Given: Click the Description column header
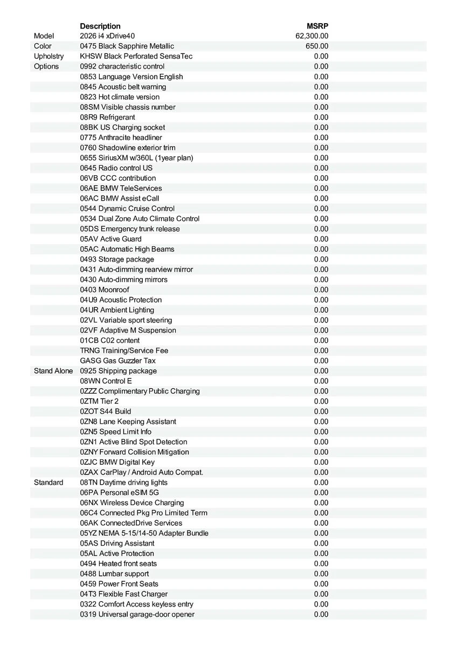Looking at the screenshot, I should (100, 26).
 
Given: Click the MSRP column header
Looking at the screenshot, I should (317, 26).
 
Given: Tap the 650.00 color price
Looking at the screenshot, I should (317, 46).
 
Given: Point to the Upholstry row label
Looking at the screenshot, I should (49, 56).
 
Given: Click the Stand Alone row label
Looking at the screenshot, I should (53, 371).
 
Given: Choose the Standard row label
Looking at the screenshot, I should (49, 483).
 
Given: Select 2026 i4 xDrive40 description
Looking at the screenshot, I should (107, 36).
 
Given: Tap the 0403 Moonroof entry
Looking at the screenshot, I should (105, 290).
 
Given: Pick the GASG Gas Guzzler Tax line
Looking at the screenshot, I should (117, 361).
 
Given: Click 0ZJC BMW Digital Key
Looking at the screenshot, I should (117, 462).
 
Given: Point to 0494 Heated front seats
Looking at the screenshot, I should (119, 563).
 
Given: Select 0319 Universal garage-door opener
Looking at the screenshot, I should (137, 614).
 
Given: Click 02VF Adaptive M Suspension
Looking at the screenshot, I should (128, 330).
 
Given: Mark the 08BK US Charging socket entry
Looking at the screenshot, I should (122, 127).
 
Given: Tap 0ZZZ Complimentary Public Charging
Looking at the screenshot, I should (140, 391).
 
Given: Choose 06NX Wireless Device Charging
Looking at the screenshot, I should (132, 503).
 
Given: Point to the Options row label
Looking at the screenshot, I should (46, 66).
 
